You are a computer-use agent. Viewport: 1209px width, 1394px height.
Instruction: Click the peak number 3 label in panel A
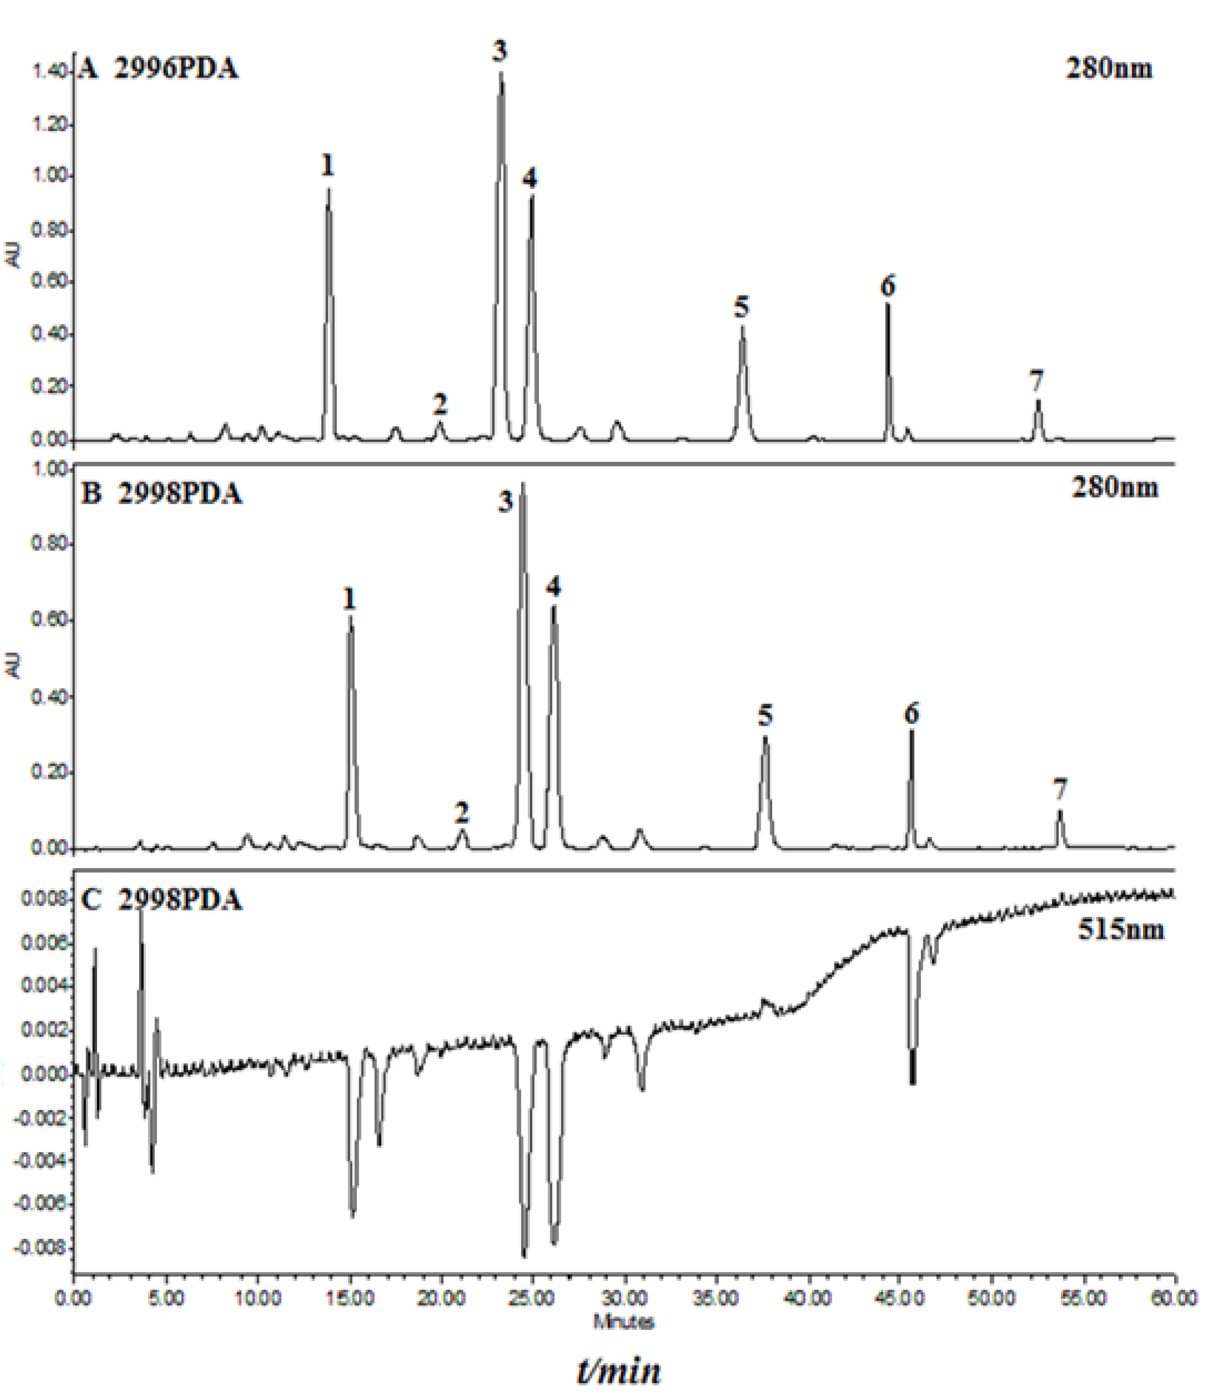pyautogui.click(x=500, y=51)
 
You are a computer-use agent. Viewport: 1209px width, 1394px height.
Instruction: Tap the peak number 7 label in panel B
pyautogui.click(x=1060, y=789)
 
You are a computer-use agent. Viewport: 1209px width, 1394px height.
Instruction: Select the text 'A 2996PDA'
pyautogui.click(x=158, y=69)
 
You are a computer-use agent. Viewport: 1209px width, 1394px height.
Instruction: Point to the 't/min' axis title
pyautogui.click(x=619, y=1370)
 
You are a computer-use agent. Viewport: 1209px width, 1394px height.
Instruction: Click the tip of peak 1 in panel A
pyautogui.click(x=329, y=190)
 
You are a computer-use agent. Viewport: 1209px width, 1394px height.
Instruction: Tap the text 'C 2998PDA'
pyautogui.click(x=161, y=900)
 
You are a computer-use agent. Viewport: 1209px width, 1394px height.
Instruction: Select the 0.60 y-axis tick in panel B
pyautogui.click(x=47, y=620)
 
